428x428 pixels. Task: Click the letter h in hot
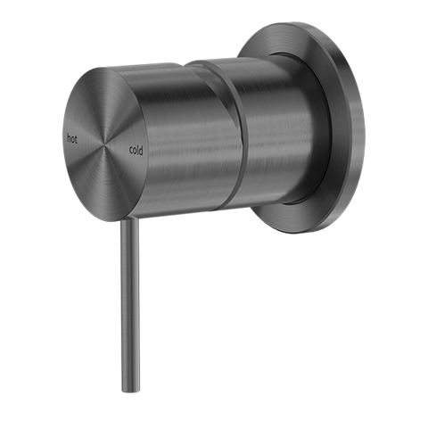point(70,135)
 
